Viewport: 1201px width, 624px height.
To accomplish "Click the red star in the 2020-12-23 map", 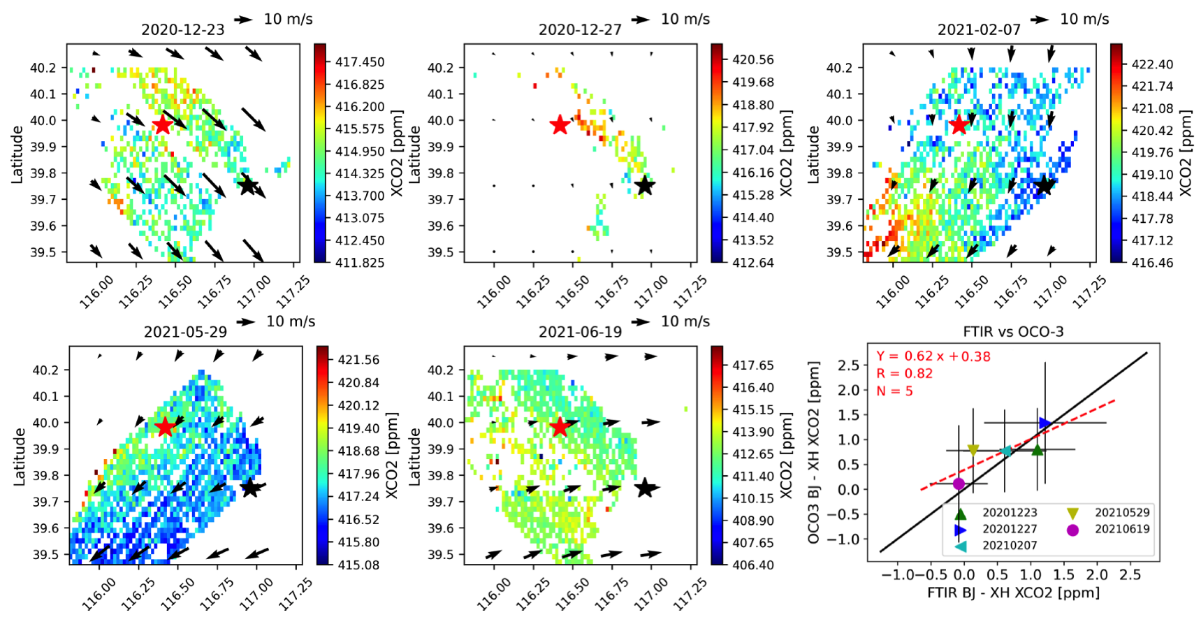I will click(x=162, y=125).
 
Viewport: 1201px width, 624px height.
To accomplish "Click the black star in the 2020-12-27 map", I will click(x=644, y=186).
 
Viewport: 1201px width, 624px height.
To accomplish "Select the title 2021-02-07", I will click(x=978, y=29).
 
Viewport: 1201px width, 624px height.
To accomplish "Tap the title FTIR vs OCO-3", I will click(x=1013, y=331).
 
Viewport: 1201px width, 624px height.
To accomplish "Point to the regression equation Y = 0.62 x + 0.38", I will click(x=933, y=356).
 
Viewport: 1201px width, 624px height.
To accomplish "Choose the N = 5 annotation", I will click(x=894, y=391).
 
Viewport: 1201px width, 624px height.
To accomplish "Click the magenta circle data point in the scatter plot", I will click(x=959, y=484).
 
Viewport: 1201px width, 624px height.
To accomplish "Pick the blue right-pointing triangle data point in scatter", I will click(x=1044, y=423).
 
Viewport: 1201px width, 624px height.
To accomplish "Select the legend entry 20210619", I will click(x=1121, y=529).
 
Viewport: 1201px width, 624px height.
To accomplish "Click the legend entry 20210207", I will click(x=1010, y=545).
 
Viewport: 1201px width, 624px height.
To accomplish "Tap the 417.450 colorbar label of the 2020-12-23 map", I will click(x=360, y=62).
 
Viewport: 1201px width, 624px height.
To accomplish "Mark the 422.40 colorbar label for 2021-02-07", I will click(x=1152, y=64).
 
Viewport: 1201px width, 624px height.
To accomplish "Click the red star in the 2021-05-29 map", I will click(x=165, y=427).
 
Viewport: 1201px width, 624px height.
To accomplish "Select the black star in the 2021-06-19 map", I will click(x=645, y=488).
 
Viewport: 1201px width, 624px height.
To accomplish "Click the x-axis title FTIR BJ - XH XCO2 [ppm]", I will click(x=1013, y=593).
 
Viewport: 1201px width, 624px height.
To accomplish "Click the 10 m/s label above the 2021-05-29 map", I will click(x=291, y=321).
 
